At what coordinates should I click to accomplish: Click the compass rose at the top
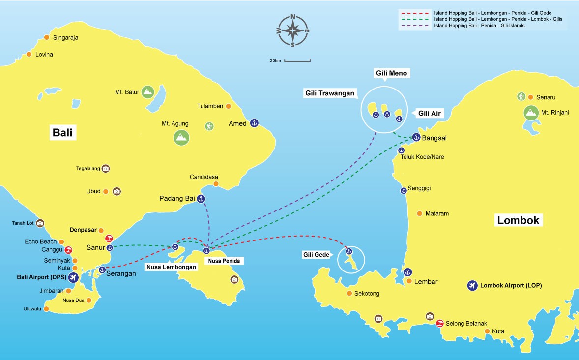coord(293,31)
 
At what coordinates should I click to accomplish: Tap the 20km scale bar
coord(297,61)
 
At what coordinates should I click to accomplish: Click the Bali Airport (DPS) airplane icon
coord(74,277)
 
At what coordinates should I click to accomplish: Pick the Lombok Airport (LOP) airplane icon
coord(472,285)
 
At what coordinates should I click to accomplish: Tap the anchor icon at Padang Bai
coord(201,199)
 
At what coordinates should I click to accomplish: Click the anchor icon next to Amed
coord(254,123)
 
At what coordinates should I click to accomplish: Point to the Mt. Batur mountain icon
coord(147,92)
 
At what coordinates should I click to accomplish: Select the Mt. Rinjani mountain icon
coord(530,113)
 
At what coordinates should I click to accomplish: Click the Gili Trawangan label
coord(330,93)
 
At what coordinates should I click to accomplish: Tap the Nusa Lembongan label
coord(171,267)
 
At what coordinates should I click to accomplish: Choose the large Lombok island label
coord(519,220)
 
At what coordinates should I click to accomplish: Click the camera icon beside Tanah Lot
coord(40,223)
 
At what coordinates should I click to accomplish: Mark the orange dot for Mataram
coord(419,213)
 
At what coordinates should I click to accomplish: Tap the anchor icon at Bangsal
coord(416,138)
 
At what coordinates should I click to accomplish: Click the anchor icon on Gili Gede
coord(349,252)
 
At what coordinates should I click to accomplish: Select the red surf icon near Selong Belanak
coord(440,323)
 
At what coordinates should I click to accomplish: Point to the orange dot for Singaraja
coord(47,37)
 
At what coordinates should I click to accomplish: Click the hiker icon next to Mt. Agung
coord(209,126)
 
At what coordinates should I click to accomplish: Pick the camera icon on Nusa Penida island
coord(234,279)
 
